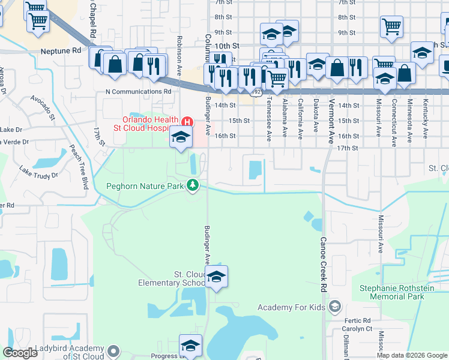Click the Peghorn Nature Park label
[145, 187]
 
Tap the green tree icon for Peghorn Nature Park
[193, 186]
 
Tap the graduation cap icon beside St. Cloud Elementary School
[217, 277]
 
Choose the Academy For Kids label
[291, 307]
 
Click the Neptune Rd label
[61, 52]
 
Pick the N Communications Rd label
[138, 92]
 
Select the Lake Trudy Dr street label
[38, 172]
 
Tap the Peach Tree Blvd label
[79, 167]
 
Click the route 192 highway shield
[256, 92]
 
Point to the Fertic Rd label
[358, 320]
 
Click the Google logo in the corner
[20, 353]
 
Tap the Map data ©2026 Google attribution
[412, 355]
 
